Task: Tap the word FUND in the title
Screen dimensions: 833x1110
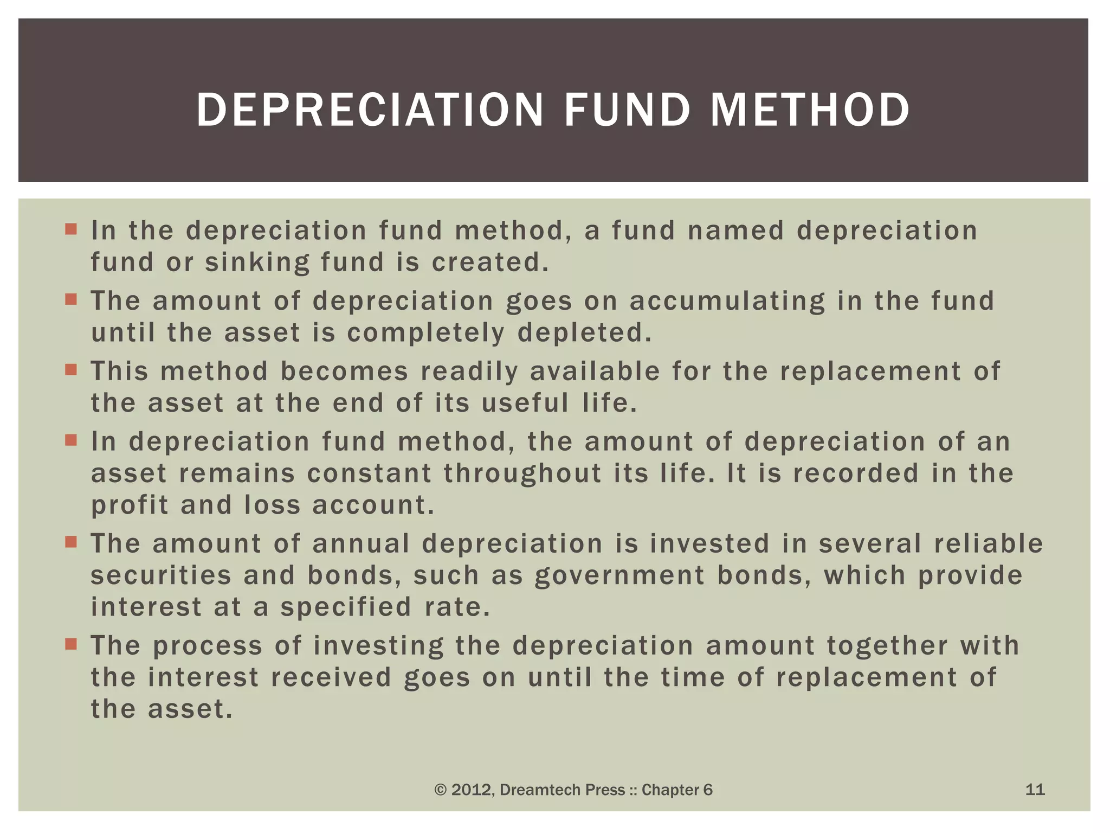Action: (x=627, y=110)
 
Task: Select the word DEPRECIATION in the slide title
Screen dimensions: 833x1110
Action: (x=370, y=110)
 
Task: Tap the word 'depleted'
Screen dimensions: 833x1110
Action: (x=584, y=333)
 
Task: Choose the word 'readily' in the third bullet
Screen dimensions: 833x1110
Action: (x=469, y=371)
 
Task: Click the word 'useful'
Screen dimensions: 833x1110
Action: (x=525, y=403)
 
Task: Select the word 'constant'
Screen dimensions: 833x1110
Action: (x=369, y=473)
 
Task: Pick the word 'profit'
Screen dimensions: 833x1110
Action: (x=130, y=505)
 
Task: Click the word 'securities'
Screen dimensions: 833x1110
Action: (x=161, y=575)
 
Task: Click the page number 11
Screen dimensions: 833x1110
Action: (x=1035, y=790)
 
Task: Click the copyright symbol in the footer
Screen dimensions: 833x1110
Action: (x=441, y=790)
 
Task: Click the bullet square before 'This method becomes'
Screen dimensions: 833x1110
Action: (x=71, y=370)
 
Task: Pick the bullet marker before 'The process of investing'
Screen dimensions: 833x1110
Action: (x=71, y=644)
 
